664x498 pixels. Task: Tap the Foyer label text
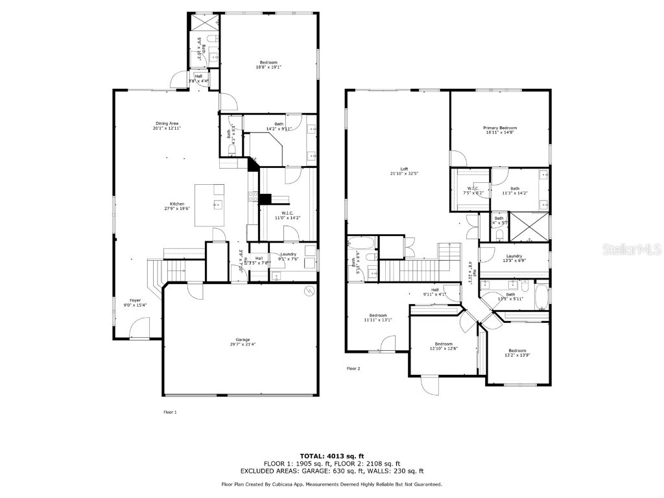click(135, 300)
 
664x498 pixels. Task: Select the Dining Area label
click(167, 123)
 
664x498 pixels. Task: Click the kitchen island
click(209, 205)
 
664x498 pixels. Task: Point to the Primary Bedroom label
click(499, 128)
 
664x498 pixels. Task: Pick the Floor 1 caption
click(169, 412)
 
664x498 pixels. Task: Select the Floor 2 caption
click(353, 368)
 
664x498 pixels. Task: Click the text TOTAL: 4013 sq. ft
click(331, 455)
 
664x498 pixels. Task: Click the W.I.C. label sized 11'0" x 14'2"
click(287, 213)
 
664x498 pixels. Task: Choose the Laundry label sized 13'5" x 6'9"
click(514, 256)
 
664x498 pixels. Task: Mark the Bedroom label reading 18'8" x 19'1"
click(268, 62)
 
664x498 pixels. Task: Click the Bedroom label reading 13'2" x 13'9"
click(517, 350)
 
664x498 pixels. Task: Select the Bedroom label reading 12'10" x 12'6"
click(444, 344)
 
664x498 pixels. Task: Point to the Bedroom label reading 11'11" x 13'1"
click(378, 315)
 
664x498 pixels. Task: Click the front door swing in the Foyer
click(139, 327)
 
